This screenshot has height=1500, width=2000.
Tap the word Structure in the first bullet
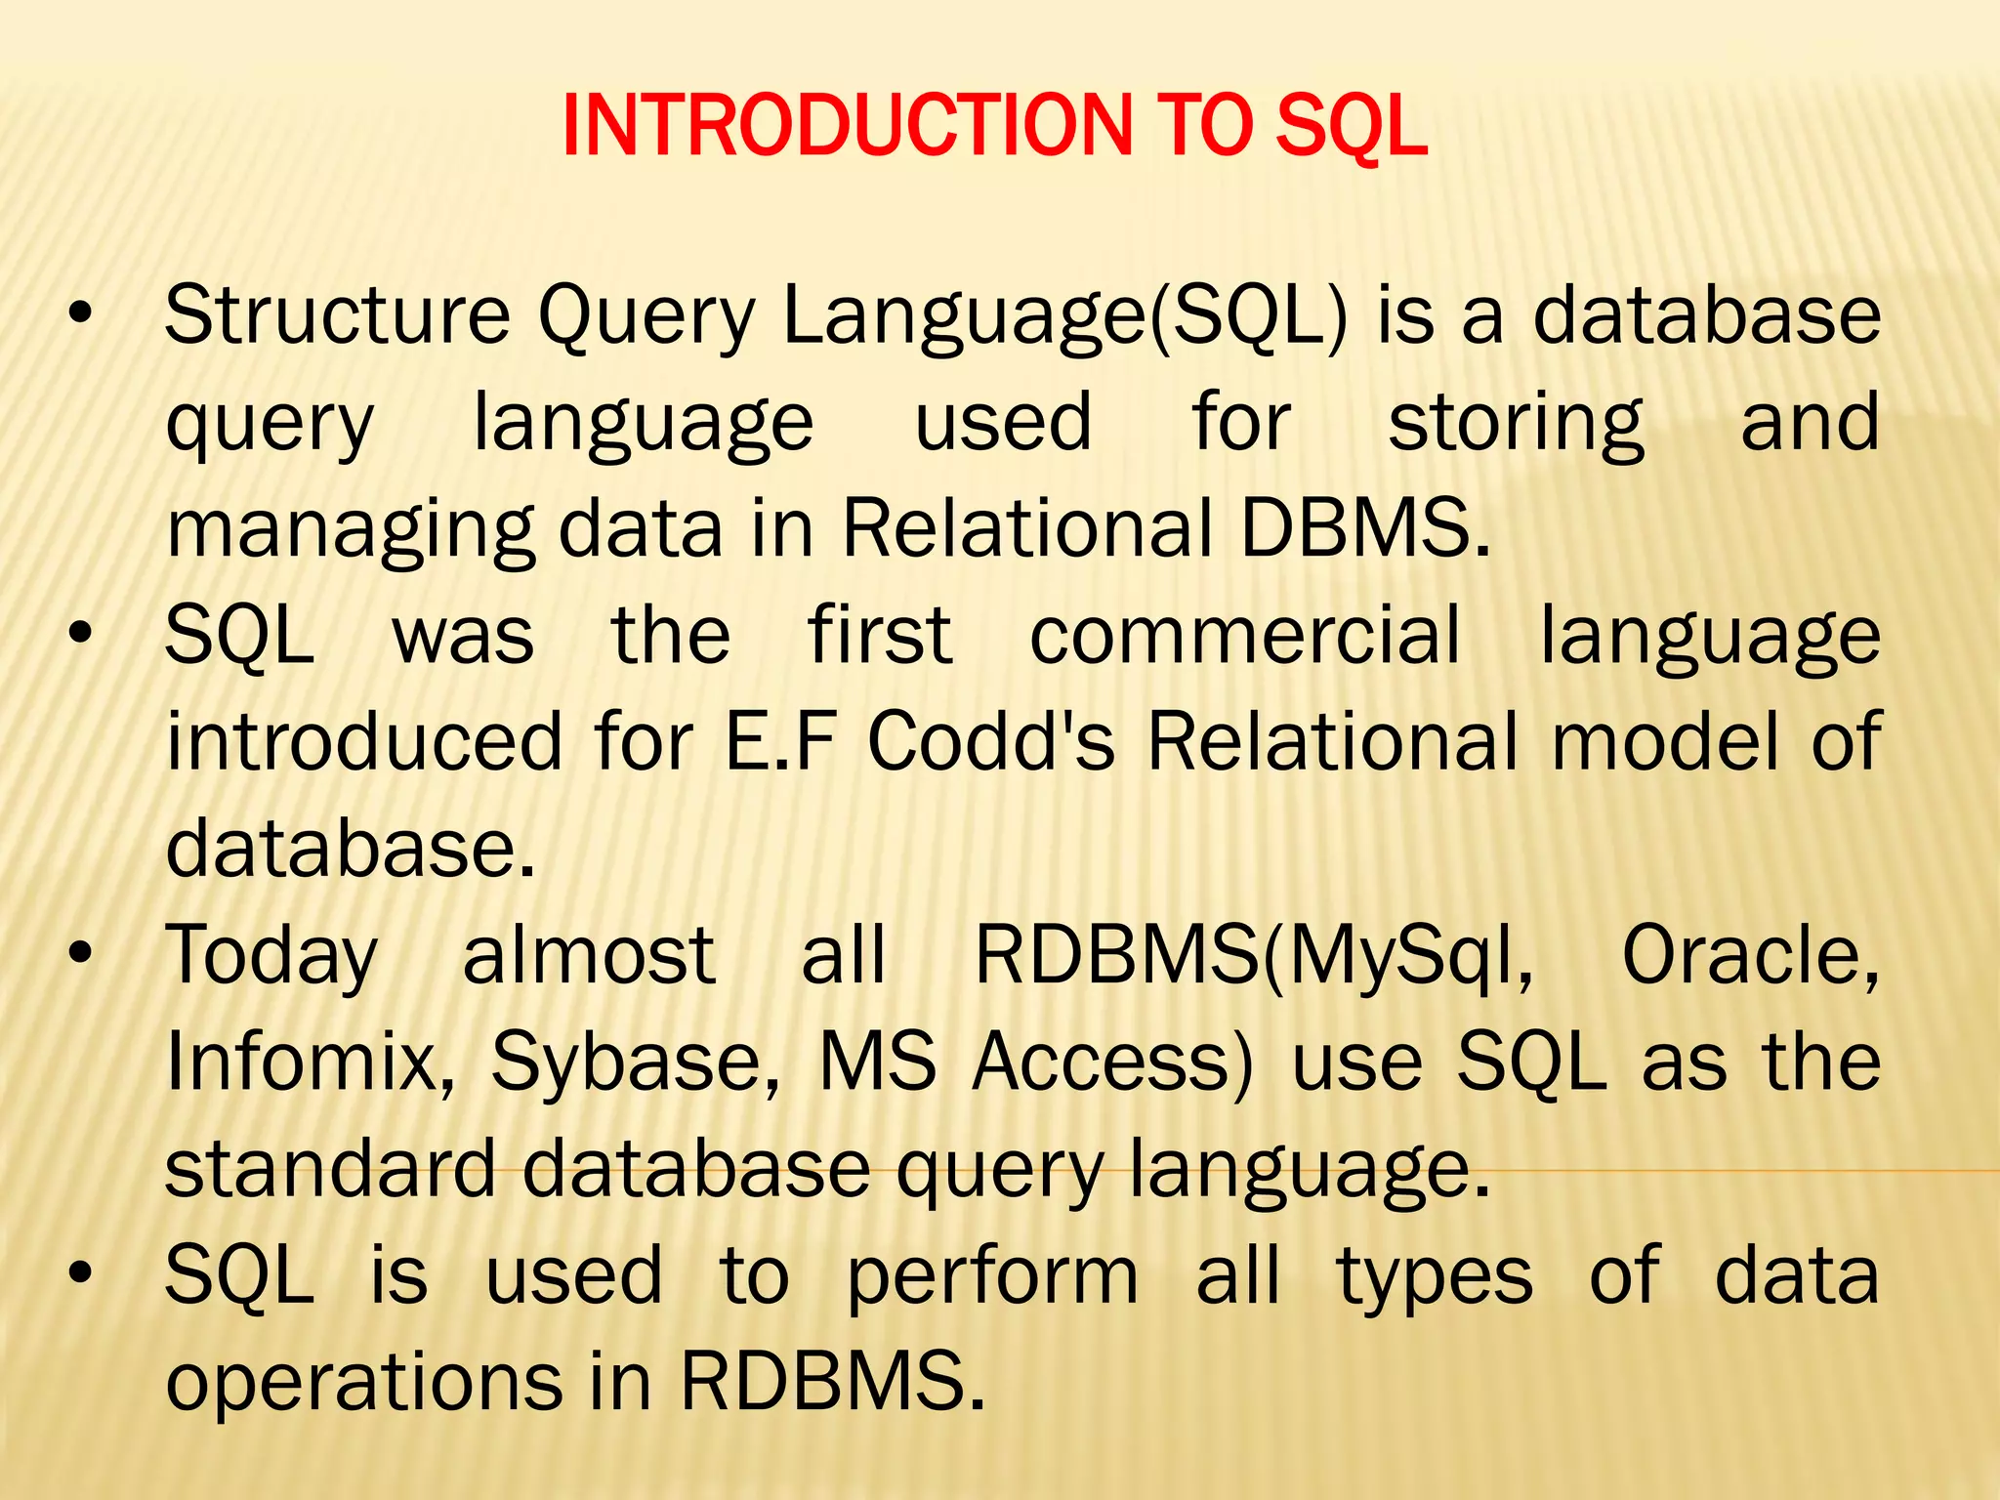click(x=337, y=315)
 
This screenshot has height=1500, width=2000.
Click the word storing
click(x=1516, y=424)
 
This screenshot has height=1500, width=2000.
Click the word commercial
click(x=1245, y=636)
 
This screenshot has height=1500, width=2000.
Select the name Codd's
click(x=991, y=741)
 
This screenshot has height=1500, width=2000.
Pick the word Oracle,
click(x=1750, y=955)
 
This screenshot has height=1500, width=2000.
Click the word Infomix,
click(x=311, y=1062)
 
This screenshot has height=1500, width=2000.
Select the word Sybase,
click(x=636, y=1063)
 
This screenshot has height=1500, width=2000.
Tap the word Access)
click(x=1112, y=1062)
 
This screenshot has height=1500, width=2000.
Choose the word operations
click(x=364, y=1383)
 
